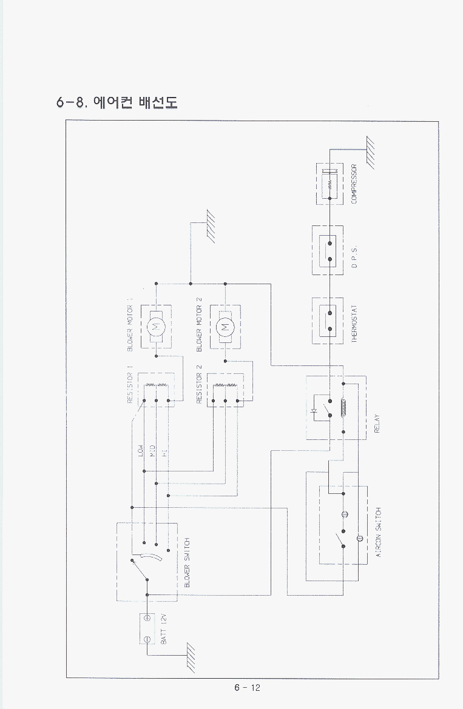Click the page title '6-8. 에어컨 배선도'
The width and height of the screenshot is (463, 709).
117,101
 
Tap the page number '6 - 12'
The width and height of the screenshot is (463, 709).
247,687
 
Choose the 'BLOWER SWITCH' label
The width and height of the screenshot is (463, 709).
187,562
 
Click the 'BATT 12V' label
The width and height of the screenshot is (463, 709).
163,628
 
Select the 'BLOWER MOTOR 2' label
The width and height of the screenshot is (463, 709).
199,325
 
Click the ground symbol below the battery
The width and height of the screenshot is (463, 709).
192,659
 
